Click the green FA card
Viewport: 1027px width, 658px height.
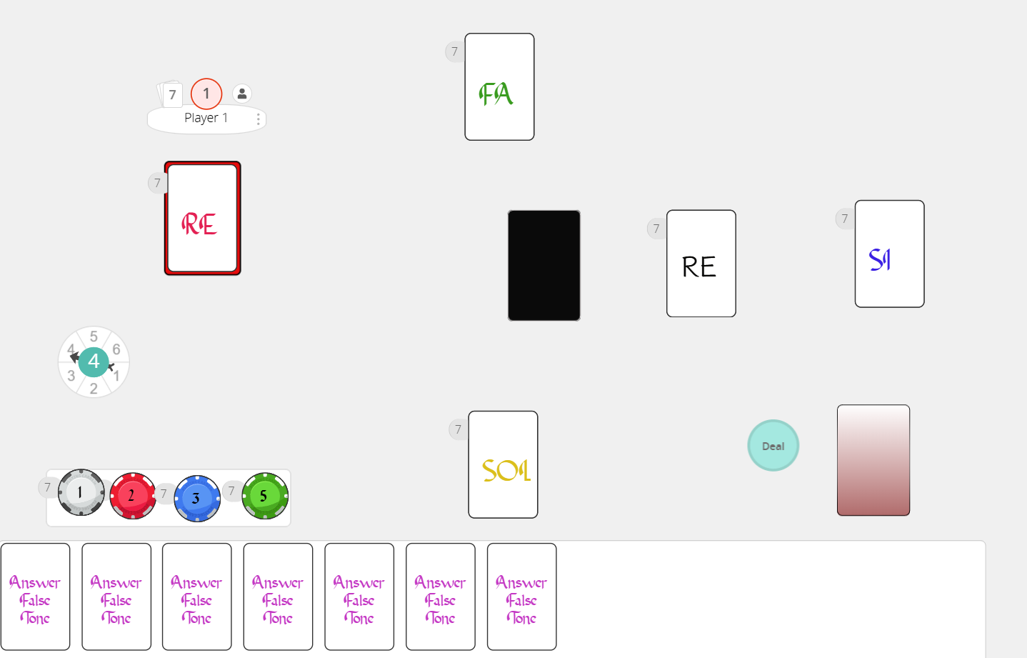click(x=499, y=86)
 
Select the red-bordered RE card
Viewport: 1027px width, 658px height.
click(x=203, y=219)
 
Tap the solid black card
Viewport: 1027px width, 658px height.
click(x=543, y=266)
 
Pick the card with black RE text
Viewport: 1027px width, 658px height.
click(x=701, y=264)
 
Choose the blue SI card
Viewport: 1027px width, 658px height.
click(x=889, y=254)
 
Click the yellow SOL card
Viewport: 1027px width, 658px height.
click(x=503, y=464)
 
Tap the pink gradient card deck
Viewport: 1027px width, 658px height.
click(x=873, y=460)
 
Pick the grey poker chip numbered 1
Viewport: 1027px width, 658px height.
click(x=81, y=492)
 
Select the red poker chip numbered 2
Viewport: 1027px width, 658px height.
click(x=133, y=496)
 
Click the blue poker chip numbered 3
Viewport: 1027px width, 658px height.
click(x=197, y=499)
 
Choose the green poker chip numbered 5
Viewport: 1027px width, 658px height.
click(x=265, y=496)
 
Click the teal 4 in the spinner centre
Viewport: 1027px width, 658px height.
click(x=94, y=362)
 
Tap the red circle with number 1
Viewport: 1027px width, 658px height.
click(x=206, y=94)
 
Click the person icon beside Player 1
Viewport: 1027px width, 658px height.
click(x=242, y=94)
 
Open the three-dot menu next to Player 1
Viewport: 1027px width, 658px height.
click(x=259, y=119)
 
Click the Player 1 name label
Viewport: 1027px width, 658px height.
click(x=206, y=118)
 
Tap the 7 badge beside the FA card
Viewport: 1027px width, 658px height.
click(x=454, y=51)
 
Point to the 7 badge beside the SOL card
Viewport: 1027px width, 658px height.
click(x=458, y=429)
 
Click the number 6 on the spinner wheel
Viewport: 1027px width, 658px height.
click(x=116, y=349)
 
